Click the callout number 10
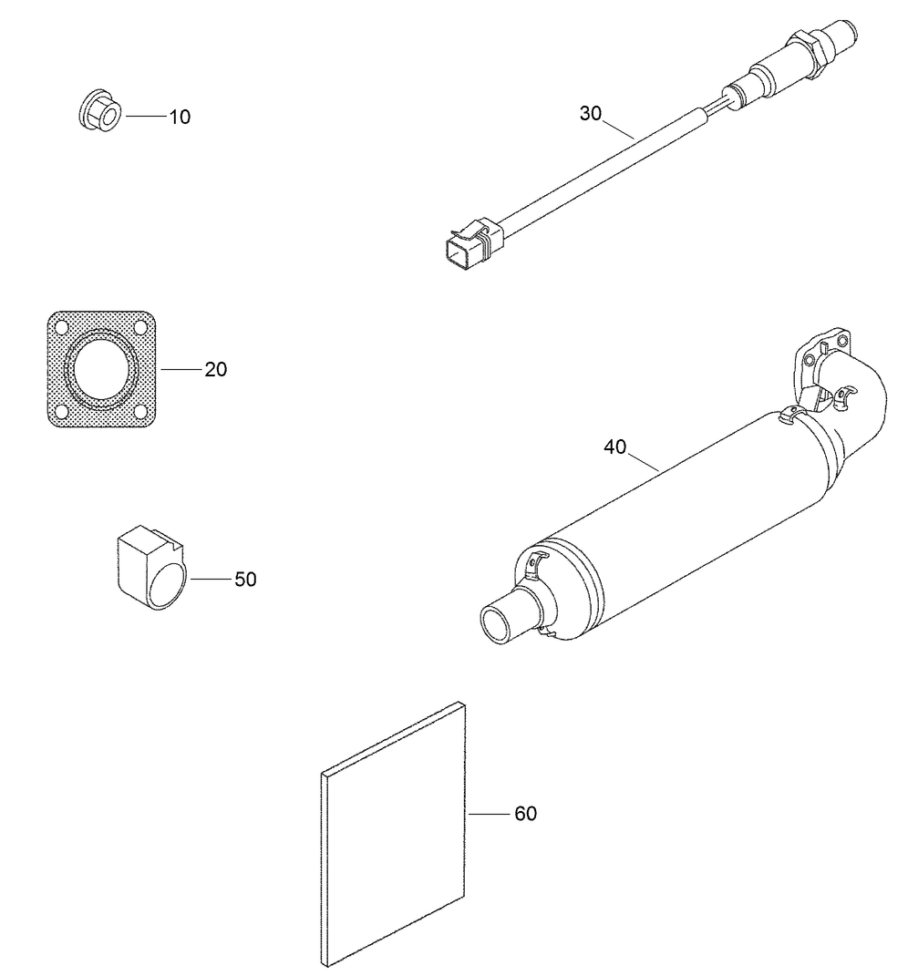coord(180,117)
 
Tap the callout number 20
coord(216,369)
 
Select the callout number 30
coord(591,113)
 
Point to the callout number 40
coord(615,447)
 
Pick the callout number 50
coord(245,579)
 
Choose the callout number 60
coord(526,813)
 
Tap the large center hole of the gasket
coord(102,368)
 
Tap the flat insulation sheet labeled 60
coord(394,834)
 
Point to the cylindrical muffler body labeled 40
coord(693,519)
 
